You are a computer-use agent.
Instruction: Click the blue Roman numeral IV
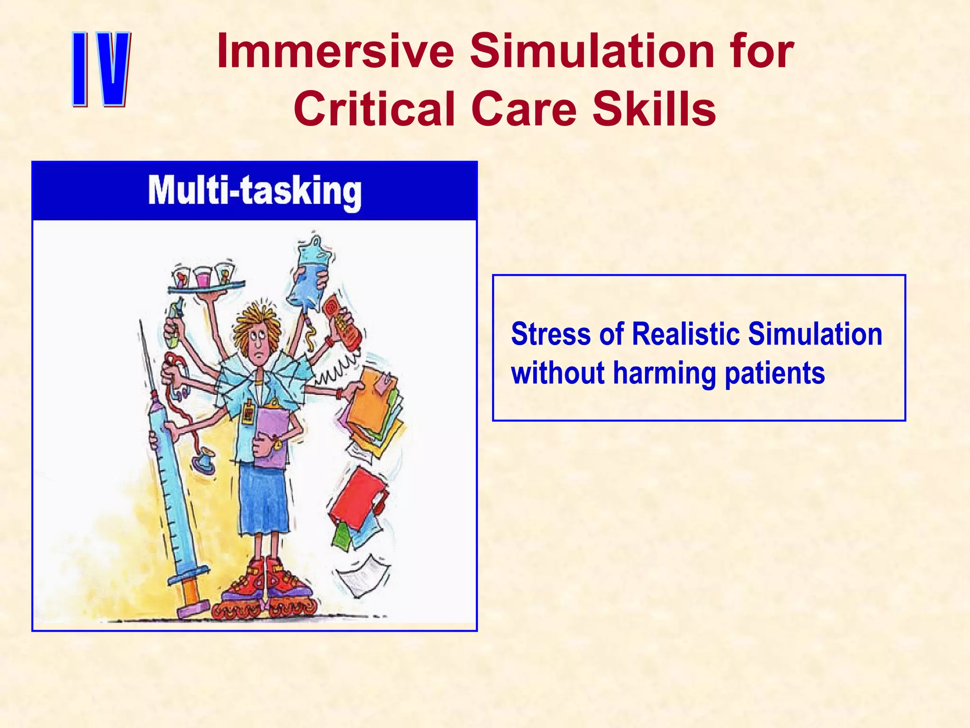[101, 69]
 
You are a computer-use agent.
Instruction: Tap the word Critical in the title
[374, 109]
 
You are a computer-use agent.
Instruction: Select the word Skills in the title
[654, 109]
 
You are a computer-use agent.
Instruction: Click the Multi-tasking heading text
[254, 191]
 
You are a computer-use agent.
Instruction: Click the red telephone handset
[342, 322]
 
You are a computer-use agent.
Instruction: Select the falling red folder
[358, 498]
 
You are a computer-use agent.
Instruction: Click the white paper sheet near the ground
[362, 576]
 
